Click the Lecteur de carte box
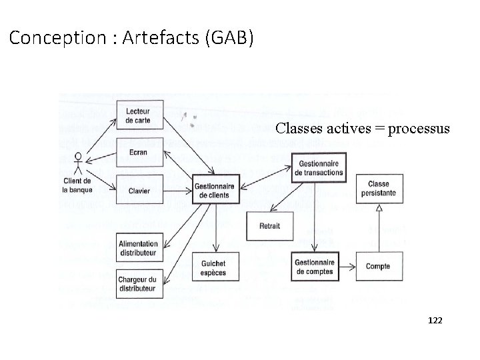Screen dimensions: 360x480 pyautogui.click(x=138, y=115)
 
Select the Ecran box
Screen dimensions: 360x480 pyautogui.click(x=138, y=152)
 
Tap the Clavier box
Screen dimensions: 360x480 pyautogui.click(x=138, y=191)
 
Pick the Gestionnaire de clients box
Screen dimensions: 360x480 pyautogui.click(x=214, y=191)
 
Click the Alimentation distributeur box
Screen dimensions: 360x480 pyautogui.click(x=138, y=249)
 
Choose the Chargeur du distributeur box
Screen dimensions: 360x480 pyautogui.click(x=138, y=283)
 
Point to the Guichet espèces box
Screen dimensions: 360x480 pyautogui.click(x=213, y=267)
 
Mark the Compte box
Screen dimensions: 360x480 pyautogui.click(x=378, y=267)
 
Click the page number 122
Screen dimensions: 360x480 pyautogui.click(x=435, y=321)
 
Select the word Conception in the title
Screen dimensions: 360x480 pyautogui.click(x=55, y=38)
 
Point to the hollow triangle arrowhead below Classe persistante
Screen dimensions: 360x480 pyautogui.click(x=378, y=209)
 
